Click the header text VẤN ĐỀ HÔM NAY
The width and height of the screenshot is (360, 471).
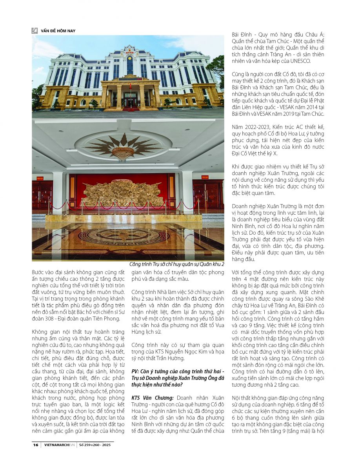click(x=58, y=31)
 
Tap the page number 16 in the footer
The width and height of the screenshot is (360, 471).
click(x=36, y=445)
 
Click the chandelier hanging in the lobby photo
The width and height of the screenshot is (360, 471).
click(x=123, y=153)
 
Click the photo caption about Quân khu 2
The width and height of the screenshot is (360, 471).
click(x=176, y=264)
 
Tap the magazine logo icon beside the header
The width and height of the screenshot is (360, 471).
click(x=35, y=30)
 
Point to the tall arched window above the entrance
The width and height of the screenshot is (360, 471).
click(x=129, y=64)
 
